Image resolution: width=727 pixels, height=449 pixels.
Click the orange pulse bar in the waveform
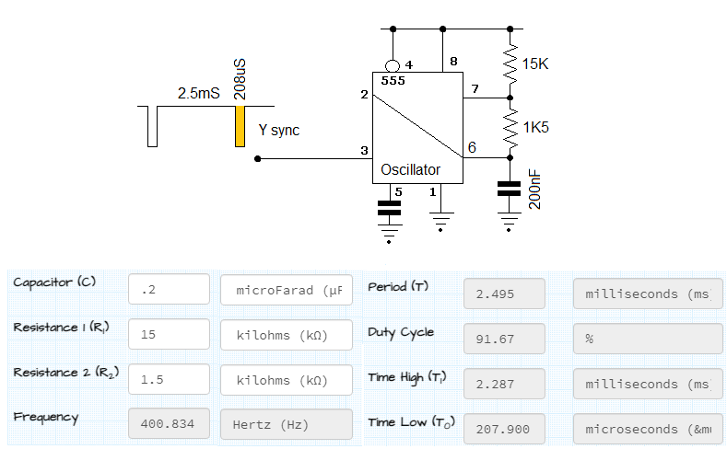[240, 126]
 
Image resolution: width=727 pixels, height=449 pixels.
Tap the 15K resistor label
[536, 64]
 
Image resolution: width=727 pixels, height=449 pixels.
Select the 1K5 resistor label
[536, 128]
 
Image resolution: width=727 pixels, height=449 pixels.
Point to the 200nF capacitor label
[535, 189]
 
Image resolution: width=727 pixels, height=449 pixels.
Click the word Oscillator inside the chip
[410, 169]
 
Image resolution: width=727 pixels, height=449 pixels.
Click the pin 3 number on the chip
[365, 150]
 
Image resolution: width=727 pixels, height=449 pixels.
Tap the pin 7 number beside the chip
[475, 89]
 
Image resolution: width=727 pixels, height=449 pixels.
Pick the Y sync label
[278, 131]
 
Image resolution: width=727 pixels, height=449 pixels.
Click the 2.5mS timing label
[198, 94]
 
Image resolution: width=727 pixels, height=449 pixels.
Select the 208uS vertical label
[240, 80]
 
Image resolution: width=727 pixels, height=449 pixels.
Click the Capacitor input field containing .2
[170, 290]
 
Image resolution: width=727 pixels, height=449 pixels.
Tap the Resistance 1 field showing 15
[170, 335]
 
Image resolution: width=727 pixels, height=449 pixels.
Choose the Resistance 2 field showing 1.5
[170, 379]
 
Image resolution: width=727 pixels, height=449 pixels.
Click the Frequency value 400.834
[170, 424]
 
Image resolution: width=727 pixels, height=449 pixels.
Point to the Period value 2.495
[504, 294]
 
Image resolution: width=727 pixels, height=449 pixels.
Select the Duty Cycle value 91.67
[504, 339]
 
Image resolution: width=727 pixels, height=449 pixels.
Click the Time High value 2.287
[504, 384]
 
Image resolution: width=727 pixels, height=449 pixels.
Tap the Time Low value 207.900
[504, 429]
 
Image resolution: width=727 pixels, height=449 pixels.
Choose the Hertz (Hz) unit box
[286, 424]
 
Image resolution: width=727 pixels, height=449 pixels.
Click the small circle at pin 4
[393, 66]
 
